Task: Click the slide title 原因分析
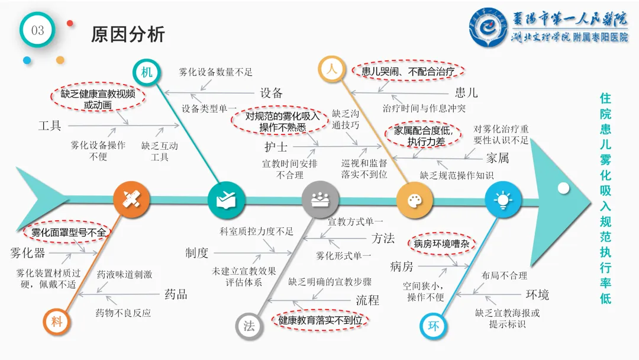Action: [128, 34]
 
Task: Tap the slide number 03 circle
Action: [37, 30]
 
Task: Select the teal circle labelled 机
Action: [146, 72]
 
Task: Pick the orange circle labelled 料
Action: [57, 322]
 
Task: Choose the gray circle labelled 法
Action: [249, 326]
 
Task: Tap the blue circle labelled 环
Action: [433, 326]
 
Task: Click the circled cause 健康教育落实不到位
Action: [320, 320]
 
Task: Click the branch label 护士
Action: [276, 146]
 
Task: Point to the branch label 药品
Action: [176, 294]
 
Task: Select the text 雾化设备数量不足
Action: [215, 72]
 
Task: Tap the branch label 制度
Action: [196, 253]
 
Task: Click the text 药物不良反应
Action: [123, 313]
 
